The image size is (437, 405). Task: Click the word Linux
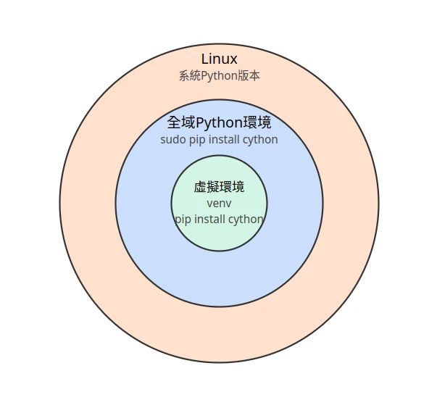pos(219,59)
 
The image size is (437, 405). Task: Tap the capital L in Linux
pos(204,59)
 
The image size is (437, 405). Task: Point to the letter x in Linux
pos(233,61)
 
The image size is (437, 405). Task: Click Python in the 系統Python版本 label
pos(219,76)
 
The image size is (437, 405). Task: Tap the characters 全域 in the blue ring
pos(181,122)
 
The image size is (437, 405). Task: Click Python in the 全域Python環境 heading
pos(220,123)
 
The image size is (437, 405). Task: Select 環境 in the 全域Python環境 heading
pos(257,122)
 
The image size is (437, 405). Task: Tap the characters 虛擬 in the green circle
pos(207,187)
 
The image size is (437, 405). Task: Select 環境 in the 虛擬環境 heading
pos(232,187)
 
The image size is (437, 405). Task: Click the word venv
pos(219,204)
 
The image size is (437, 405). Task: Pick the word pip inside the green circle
pos(183,220)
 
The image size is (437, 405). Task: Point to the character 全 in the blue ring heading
pos(174,122)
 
